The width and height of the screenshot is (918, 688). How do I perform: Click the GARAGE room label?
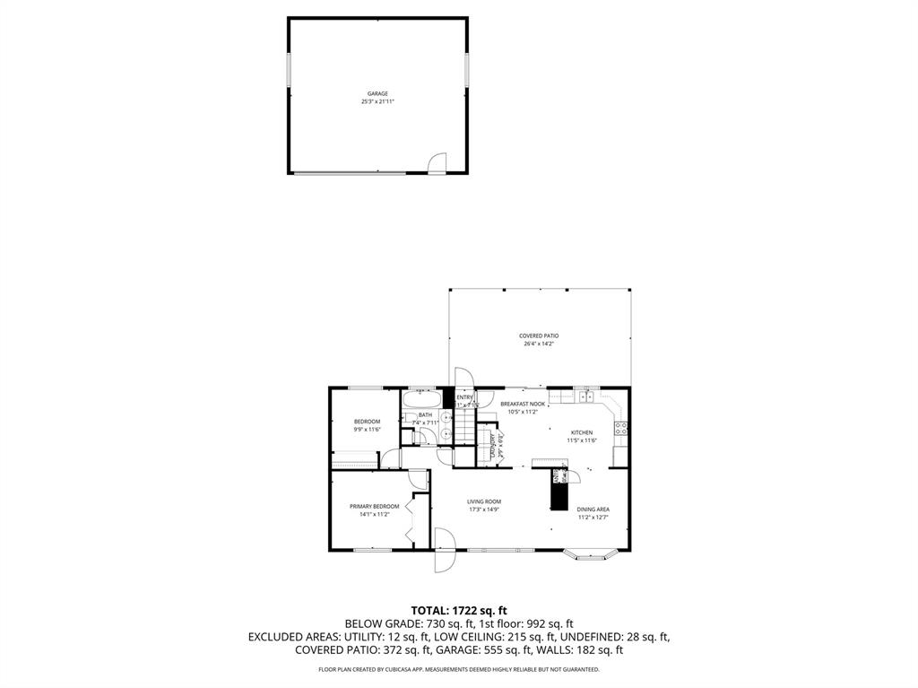[377, 93]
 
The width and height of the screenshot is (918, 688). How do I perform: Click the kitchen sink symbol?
[587, 396]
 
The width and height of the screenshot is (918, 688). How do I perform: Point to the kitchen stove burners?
[619, 428]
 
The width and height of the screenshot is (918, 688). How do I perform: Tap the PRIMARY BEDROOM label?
[374, 506]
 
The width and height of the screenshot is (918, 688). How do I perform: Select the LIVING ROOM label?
[483, 501]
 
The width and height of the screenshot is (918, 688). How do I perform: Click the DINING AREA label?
[593, 509]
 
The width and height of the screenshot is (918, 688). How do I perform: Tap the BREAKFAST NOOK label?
[523, 404]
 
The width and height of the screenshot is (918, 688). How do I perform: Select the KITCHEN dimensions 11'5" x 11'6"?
[582, 440]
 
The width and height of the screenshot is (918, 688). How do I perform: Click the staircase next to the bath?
[463, 427]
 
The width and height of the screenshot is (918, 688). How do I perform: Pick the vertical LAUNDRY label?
[493, 446]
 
